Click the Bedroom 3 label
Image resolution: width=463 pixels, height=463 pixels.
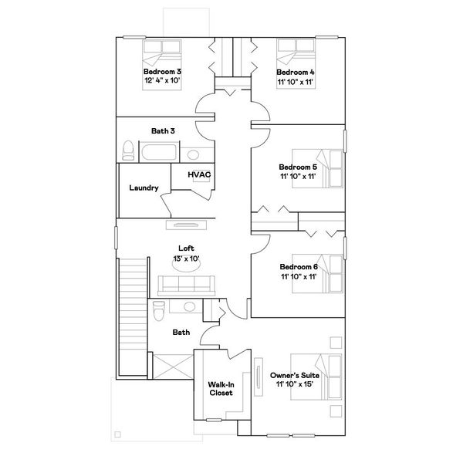(162, 72)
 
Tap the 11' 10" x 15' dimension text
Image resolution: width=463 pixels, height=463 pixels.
(295, 384)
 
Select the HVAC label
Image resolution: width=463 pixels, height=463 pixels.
(199, 174)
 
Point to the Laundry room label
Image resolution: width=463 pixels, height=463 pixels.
(144, 188)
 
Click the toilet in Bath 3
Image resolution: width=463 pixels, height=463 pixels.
(128, 150)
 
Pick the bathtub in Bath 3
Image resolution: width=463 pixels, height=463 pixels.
(159, 152)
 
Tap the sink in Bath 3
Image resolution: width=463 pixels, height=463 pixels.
(193, 154)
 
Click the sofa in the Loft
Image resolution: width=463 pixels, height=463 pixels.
(186, 286)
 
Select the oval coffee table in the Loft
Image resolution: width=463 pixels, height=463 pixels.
(186, 265)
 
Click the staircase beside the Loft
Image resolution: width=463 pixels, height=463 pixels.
(133, 316)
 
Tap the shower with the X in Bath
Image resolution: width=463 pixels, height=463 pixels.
(174, 367)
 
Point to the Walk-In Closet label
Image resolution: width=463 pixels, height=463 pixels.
(221, 389)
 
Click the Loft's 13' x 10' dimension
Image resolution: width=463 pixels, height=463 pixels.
(186, 259)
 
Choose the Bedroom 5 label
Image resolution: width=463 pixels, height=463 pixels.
(298, 167)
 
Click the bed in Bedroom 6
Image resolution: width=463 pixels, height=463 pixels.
(317, 274)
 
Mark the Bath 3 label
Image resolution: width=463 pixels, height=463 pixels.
(163, 131)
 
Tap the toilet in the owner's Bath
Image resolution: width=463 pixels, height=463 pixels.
(159, 310)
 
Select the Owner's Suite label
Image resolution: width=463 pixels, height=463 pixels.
(295, 375)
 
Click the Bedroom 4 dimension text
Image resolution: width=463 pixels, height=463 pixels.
(295, 82)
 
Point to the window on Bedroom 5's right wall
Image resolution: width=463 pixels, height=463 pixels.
(345, 141)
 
